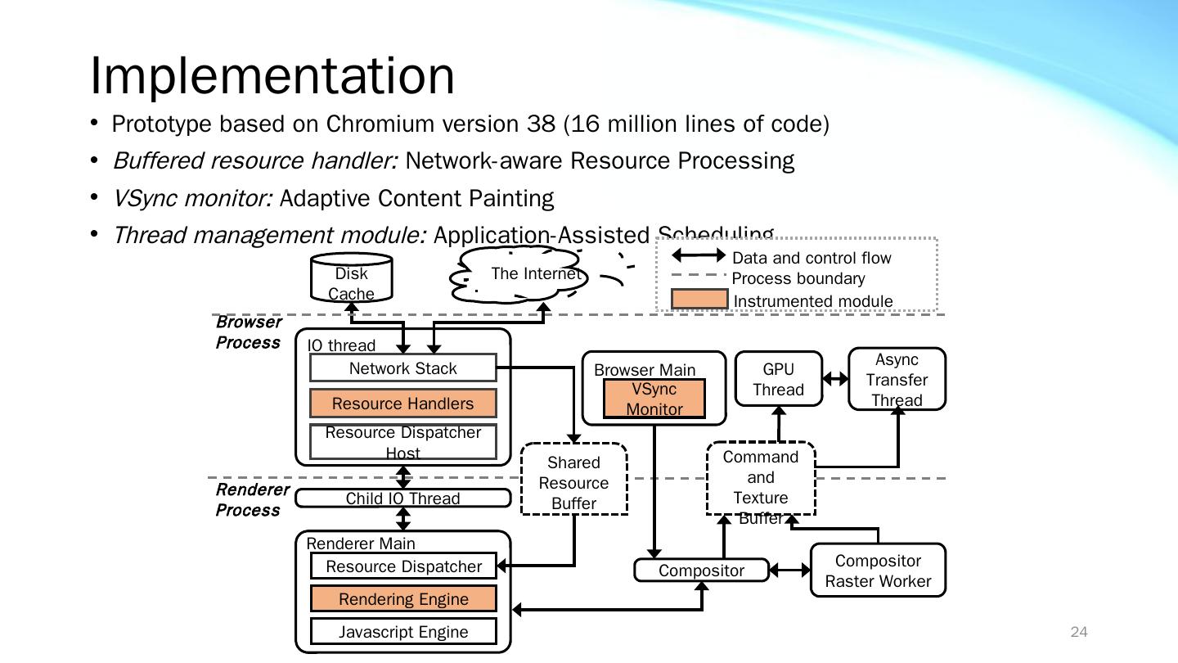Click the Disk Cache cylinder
click(352, 279)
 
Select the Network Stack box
click(403, 368)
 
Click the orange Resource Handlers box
click(403, 404)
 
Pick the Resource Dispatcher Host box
click(403, 442)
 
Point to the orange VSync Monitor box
click(654, 399)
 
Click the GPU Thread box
click(778, 380)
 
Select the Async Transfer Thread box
click(897, 379)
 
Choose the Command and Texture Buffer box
click(761, 479)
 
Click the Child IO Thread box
click(403, 498)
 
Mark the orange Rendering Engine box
click(403, 599)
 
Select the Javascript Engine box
click(403, 632)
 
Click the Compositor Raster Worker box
click(878, 571)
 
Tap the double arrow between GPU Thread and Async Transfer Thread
click(835, 379)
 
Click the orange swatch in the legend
click(699, 300)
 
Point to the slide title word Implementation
click(272, 75)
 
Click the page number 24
click(1079, 632)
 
